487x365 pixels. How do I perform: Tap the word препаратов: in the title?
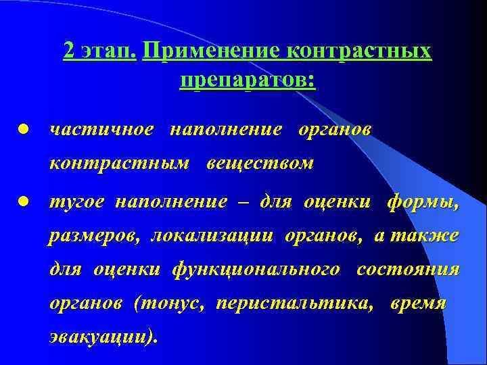point(247,80)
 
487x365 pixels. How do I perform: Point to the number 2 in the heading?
point(69,51)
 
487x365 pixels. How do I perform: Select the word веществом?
point(260,164)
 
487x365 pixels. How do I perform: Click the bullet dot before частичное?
point(22,128)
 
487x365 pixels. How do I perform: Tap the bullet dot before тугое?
point(22,201)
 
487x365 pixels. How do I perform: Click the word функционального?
point(256,270)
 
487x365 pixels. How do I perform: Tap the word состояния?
point(408,270)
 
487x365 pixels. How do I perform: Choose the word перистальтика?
point(294,303)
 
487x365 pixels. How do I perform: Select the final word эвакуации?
point(101,337)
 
